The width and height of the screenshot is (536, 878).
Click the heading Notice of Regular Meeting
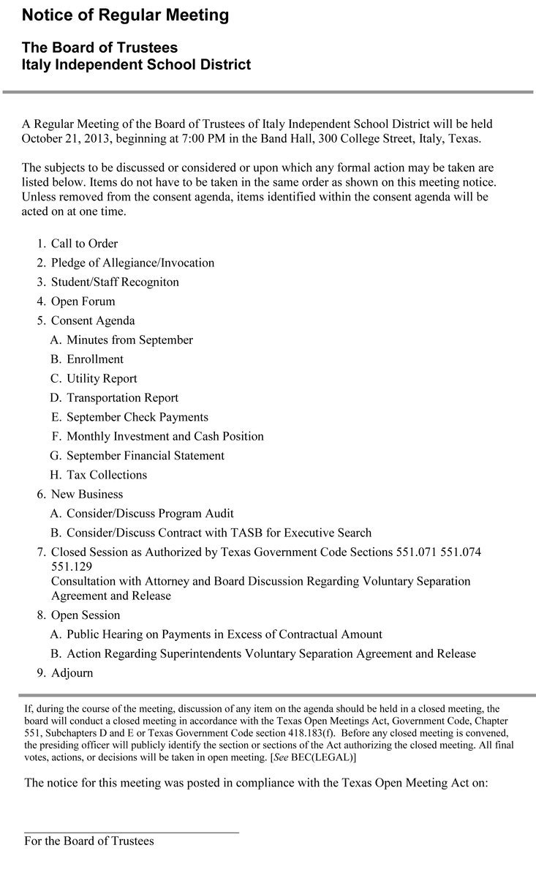point(125,15)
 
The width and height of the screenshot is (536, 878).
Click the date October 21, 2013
point(68,139)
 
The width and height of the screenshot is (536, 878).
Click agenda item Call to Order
point(84,244)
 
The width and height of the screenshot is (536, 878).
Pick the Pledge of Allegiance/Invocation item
point(132,263)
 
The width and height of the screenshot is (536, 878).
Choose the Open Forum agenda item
point(83,301)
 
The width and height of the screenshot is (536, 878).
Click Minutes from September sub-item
point(129,339)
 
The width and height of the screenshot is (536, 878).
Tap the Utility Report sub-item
point(102,378)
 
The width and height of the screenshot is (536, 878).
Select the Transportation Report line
point(122,398)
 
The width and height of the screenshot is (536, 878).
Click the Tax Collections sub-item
point(107,475)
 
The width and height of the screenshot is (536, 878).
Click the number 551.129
point(70,567)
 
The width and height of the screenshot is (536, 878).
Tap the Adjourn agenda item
point(72,672)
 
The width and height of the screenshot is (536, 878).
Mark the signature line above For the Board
point(132,832)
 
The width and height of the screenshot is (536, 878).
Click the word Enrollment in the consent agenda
point(95,359)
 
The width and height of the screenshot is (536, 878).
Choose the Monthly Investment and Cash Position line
point(165,436)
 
